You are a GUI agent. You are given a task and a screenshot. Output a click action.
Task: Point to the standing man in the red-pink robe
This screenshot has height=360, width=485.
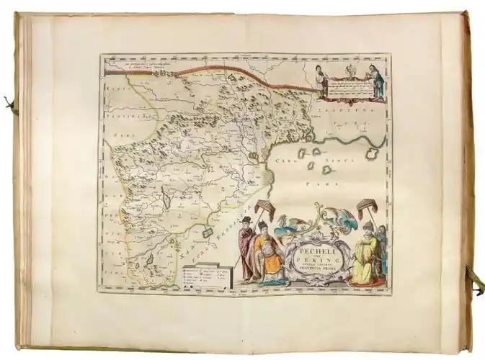[247, 248]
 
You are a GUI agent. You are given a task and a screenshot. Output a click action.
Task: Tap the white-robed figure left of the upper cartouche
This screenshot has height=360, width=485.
[319, 80]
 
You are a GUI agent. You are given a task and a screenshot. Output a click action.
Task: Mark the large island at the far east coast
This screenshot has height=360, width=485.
[373, 154]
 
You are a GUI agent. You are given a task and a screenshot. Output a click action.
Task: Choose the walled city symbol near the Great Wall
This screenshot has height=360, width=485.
[253, 156]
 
